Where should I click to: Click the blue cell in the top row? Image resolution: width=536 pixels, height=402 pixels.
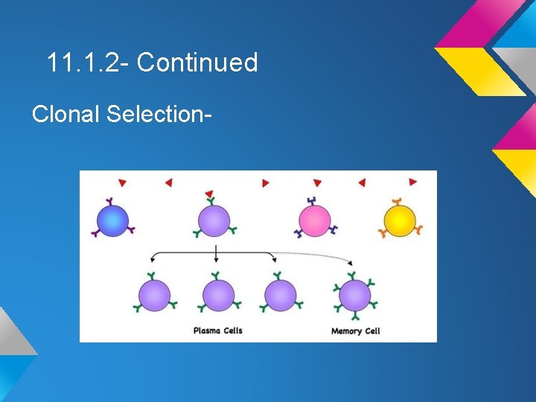(112, 220)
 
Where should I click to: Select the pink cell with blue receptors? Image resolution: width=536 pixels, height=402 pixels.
(314, 221)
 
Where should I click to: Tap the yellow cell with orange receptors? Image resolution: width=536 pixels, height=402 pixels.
(400, 220)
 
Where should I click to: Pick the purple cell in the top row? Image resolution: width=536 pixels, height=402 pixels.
(215, 220)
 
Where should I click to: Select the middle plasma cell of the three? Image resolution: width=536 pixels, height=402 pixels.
(218, 295)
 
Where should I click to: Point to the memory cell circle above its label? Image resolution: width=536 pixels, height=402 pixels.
(354, 295)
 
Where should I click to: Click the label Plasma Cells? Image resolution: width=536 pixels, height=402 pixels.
(217, 331)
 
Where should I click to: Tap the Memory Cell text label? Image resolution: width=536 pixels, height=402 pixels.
(355, 331)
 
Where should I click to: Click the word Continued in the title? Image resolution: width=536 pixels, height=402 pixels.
(197, 63)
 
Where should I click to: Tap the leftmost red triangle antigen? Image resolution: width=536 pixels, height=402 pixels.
(123, 182)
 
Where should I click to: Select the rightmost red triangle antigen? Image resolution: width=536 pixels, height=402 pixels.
(413, 182)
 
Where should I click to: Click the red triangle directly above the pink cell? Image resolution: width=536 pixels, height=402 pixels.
(317, 182)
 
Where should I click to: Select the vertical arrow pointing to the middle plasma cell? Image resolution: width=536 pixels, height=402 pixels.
(216, 253)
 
